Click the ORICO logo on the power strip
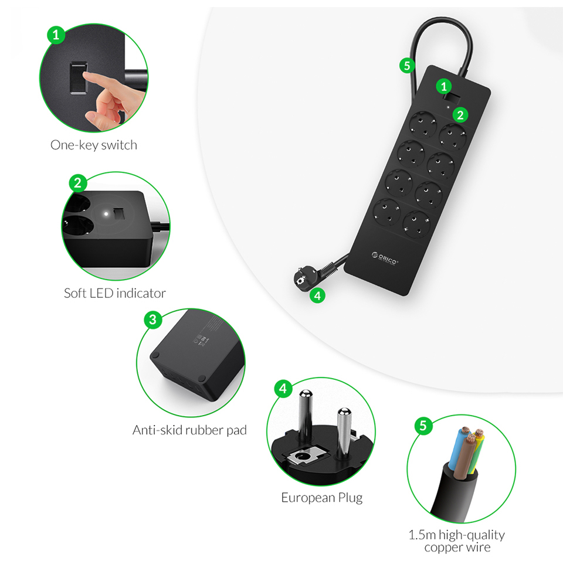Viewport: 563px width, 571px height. tap(385, 259)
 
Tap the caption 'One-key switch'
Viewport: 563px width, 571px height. tap(94, 145)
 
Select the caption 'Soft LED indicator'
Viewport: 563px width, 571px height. tap(115, 293)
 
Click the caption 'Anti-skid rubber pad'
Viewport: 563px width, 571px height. tap(189, 430)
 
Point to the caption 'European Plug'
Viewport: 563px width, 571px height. tap(322, 498)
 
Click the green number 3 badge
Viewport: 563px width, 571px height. tap(153, 320)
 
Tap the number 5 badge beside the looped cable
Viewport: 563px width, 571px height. tap(407, 66)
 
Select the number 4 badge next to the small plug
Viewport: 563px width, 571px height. tap(317, 295)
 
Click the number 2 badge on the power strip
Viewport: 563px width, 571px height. tap(460, 115)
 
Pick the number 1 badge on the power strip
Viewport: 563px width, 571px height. tap(444, 86)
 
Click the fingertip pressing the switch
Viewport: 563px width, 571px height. tap(86, 76)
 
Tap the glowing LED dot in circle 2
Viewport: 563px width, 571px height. tap(106, 214)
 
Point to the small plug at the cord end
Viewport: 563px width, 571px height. tap(304, 277)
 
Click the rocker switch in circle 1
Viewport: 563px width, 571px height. tap(79, 78)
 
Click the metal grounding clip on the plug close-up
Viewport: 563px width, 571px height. tap(303, 456)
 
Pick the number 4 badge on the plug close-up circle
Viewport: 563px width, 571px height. tap(283, 389)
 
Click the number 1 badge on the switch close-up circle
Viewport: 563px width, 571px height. tap(56, 35)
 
